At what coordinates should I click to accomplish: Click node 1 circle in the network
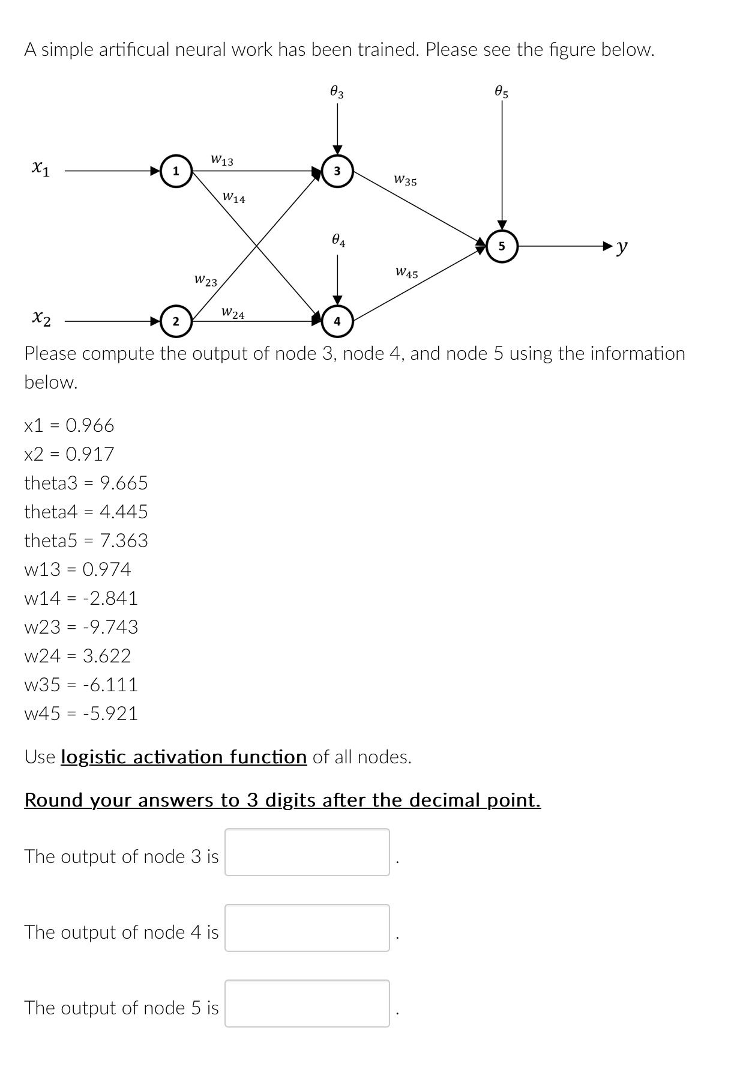pos(175,171)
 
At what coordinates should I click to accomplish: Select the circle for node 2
pos(175,321)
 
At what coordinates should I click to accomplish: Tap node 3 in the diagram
pos(337,171)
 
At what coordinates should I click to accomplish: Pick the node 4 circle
pos(337,321)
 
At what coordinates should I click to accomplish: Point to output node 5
pos(502,246)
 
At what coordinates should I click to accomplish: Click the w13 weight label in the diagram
pos(222,160)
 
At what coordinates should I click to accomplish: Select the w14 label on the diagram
pos(233,198)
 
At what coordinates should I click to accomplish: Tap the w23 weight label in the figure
pos(206,280)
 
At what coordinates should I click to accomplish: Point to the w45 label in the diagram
pos(406,273)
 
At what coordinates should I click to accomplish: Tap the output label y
pos(623,246)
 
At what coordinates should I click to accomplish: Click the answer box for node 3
pos(307,852)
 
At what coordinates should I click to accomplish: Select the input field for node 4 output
pos(307,928)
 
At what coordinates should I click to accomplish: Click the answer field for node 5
pos(307,1004)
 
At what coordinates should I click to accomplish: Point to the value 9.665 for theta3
pos(124,483)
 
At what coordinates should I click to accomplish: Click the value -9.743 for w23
pos(110,627)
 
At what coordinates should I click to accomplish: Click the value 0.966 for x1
pos(90,425)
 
